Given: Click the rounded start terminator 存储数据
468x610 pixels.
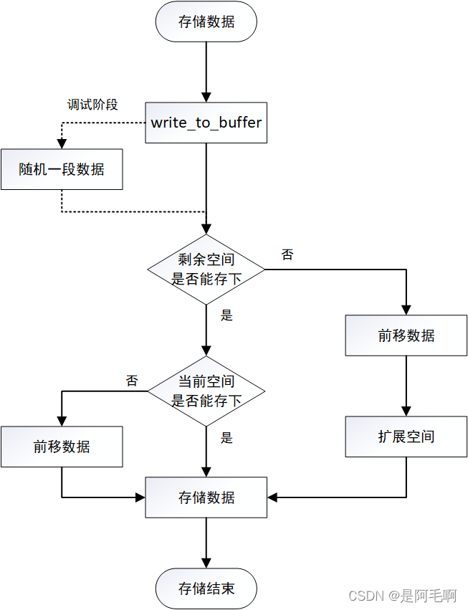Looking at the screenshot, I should (206, 22).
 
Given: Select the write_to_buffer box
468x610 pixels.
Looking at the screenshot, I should (206, 123).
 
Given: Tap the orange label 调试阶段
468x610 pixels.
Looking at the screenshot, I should (92, 105).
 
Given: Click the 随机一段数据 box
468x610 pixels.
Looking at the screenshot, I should (62, 169).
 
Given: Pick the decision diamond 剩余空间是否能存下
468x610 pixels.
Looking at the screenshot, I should (206, 269).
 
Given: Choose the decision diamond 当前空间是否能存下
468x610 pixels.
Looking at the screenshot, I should (206, 391).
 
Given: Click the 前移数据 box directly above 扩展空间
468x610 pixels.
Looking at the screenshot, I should (406, 335).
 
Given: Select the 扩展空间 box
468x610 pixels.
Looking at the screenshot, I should (406, 437).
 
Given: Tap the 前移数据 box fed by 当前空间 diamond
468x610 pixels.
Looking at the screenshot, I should (62, 447).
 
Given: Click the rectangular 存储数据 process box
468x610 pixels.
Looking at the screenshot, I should (206, 497).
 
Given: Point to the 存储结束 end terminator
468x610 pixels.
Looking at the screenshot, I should (206, 589).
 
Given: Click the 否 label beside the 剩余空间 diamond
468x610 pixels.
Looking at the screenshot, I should (287, 254).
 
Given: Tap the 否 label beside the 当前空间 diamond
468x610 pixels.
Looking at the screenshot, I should (132, 381).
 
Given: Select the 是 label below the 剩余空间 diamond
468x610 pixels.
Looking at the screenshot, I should (226, 315).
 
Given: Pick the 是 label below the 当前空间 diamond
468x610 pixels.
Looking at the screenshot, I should (226, 437).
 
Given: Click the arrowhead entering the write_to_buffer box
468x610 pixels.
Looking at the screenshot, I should (206, 97).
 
